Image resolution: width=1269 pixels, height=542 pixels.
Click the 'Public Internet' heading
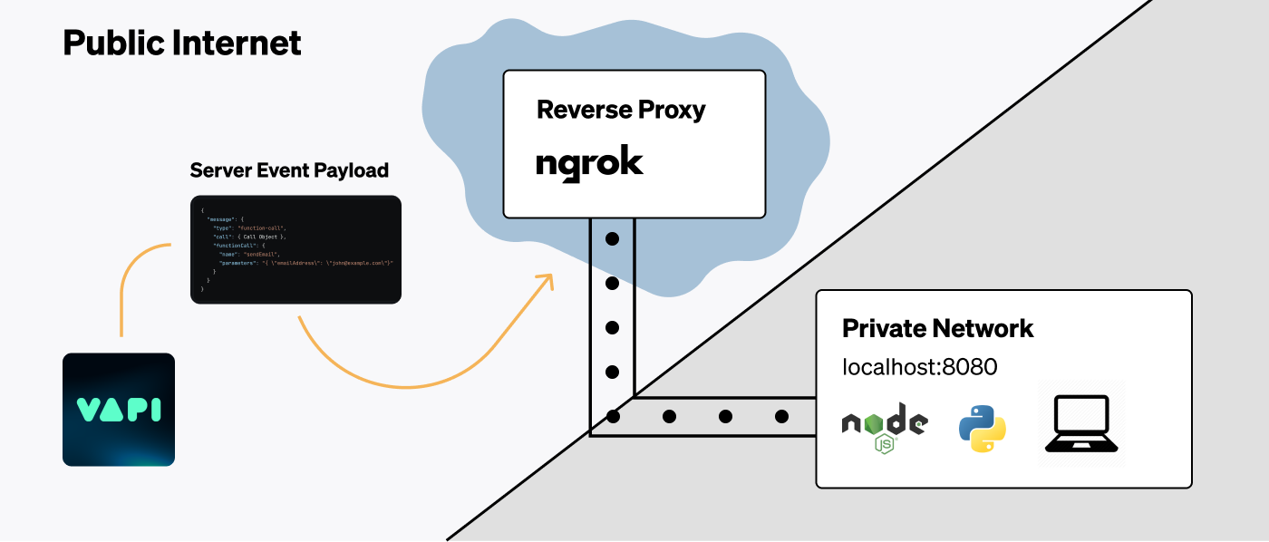point(182,43)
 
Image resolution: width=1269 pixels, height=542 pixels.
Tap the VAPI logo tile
point(119,410)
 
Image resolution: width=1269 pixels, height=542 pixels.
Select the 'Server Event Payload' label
point(289,170)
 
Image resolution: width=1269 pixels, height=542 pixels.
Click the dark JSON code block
point(295,249)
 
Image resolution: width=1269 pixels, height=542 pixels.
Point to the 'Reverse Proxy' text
point(621,111)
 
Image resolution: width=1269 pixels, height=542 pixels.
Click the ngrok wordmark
point(589,164)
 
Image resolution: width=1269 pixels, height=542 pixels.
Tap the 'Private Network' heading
point(938,328)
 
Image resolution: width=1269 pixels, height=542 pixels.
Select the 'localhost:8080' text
point(920,367)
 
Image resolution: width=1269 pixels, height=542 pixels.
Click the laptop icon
point(1082,423)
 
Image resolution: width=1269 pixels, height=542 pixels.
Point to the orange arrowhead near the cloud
point(546,280)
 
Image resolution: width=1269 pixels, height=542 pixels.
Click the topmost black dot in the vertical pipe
point(613,239)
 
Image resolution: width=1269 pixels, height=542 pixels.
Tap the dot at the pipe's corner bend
point(613,417)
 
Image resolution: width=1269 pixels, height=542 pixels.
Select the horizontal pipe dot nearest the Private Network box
point(781,417)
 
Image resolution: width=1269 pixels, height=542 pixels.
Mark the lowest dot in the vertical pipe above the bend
point(613,372)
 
